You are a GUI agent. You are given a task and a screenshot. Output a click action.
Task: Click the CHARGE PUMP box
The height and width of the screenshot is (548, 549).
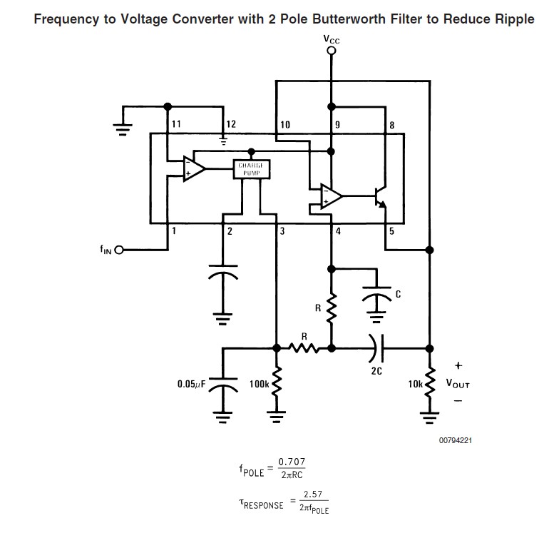(250, 168)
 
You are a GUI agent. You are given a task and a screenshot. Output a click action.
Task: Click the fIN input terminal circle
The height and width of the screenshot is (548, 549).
(119, 250)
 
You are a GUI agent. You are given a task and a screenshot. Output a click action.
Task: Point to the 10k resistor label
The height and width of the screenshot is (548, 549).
(415, 384)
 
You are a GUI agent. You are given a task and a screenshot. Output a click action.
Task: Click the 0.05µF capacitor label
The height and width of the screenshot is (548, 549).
(191, 384)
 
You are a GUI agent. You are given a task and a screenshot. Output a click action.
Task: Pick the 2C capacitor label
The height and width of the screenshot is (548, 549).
(377, 371)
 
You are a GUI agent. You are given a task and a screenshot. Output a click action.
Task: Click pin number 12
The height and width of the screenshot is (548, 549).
(230, 124)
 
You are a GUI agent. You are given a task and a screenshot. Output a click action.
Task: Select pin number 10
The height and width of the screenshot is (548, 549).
(285, 125)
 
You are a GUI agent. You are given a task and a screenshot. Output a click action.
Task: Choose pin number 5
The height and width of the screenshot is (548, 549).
(391, 232)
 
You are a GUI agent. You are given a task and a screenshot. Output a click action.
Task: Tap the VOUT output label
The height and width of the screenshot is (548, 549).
(458, 383)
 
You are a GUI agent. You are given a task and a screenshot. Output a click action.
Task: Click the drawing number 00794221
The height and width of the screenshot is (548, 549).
(455, 440)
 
